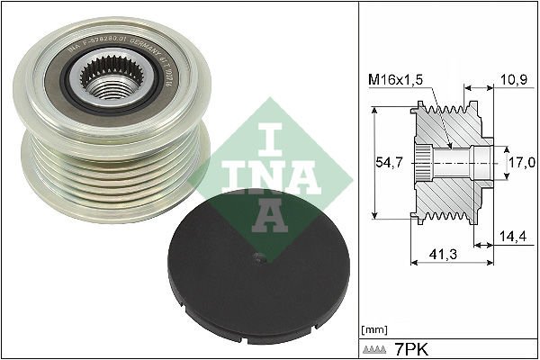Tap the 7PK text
(408, 347)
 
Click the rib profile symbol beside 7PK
(374, 347)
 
